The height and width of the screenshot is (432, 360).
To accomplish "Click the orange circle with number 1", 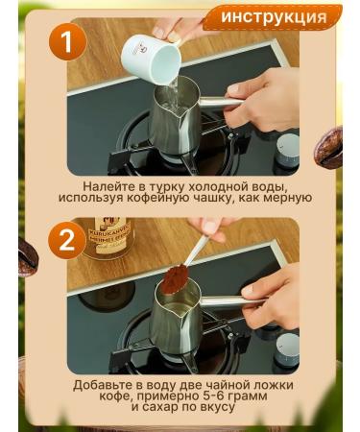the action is pyautogui.click(x=67, y=41).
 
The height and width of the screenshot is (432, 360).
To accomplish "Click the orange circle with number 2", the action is pyautogui.click(x=67, y=240).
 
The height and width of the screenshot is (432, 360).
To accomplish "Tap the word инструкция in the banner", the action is pyautogui.click(x=275, y=16).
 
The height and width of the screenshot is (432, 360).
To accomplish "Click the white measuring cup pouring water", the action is pyautogui.click(x=152, y=59).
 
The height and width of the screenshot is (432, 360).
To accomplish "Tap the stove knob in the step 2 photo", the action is pyautogui.click(x=287, y=348).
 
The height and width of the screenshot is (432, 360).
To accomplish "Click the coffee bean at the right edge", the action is pyautogui.click(x=328, y=146).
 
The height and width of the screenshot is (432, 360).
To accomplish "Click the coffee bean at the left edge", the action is pyautogui.click(x=28, y=257).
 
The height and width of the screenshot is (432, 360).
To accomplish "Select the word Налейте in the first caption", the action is pyautogui.click(x=105, y=186).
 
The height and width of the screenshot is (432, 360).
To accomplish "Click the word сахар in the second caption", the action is pyautogui.click(x=161, y=407).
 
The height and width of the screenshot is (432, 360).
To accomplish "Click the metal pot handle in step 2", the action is pyautogui.click(x=229, y=300).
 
